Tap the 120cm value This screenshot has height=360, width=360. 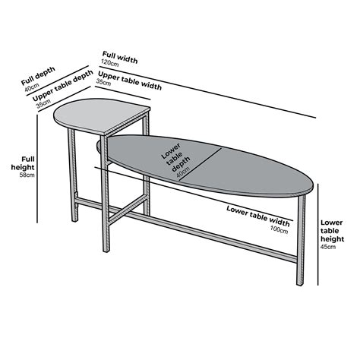coord(111,66)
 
